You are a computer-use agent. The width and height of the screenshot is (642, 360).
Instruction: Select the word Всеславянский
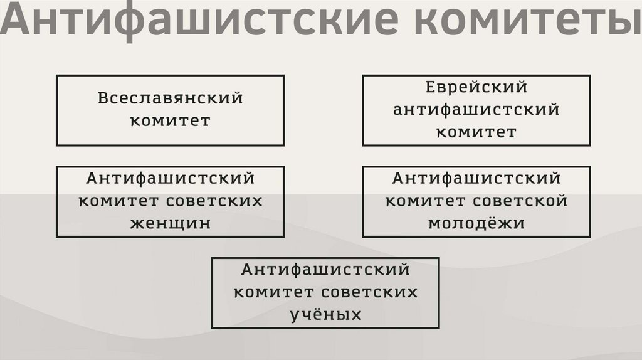pos(170,99)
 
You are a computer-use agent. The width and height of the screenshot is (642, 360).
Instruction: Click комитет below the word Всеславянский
pos(170,120)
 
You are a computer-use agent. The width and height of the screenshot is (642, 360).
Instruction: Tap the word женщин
pos(170,223)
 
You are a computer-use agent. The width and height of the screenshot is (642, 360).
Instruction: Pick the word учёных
pos(325,314)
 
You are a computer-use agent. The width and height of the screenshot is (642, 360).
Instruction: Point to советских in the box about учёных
pos(370,292)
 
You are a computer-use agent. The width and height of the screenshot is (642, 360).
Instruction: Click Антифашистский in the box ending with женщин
pos(170,179)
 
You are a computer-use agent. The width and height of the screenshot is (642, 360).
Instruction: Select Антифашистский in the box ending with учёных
pos(325,270)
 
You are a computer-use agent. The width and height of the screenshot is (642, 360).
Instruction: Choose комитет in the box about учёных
pos(274,292)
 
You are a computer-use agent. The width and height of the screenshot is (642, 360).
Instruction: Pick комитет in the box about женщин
pos(118,201)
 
